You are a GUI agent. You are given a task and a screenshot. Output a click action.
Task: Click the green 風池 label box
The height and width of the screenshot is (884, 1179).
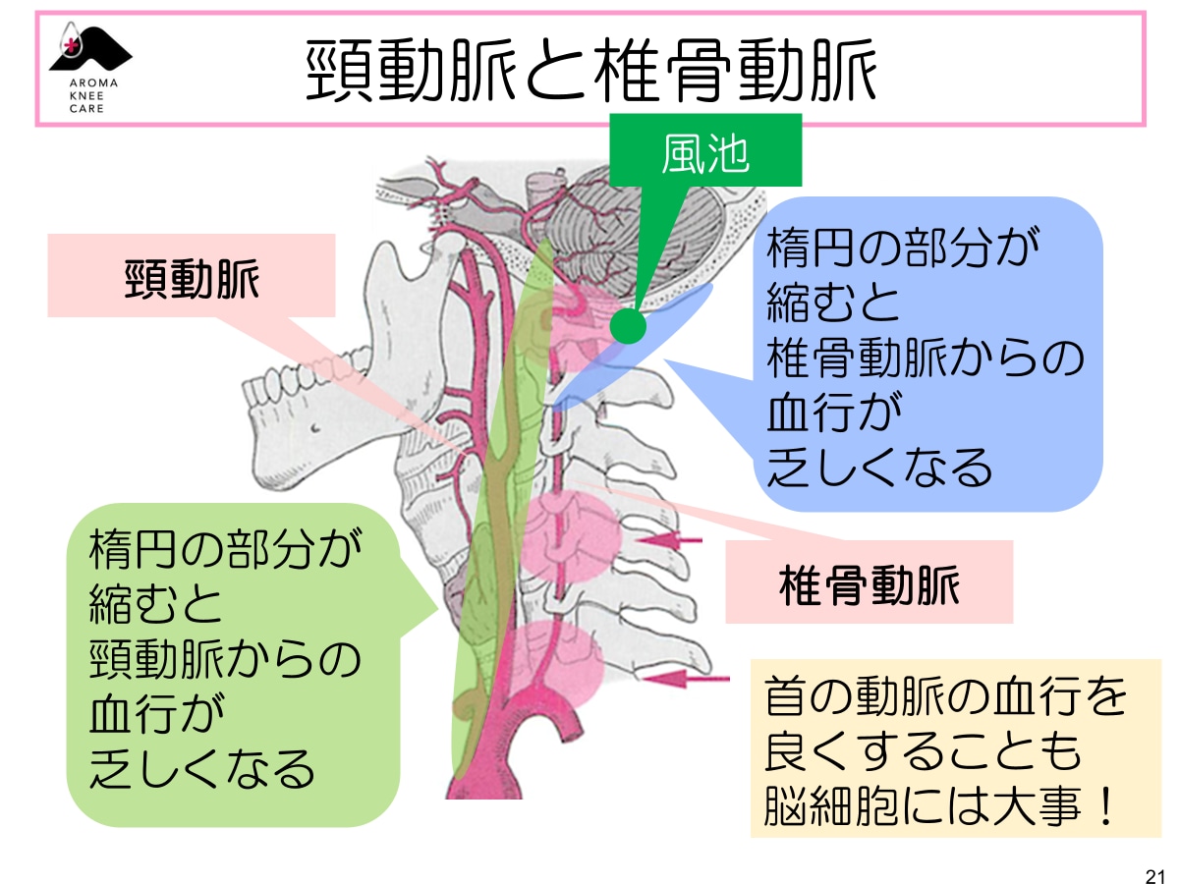pos(705,152)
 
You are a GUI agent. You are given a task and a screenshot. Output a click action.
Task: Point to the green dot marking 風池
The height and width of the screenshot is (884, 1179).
pos(624,324)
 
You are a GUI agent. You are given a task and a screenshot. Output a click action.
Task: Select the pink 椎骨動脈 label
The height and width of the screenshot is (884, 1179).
pos(869,585)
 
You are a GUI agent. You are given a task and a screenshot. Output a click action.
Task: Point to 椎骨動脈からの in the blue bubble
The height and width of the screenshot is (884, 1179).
pos(925,360)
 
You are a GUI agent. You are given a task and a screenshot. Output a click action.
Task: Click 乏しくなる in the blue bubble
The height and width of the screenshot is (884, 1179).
pos(879,469)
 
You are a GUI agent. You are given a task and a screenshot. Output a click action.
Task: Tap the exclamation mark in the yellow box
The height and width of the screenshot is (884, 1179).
pos(1103,808)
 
